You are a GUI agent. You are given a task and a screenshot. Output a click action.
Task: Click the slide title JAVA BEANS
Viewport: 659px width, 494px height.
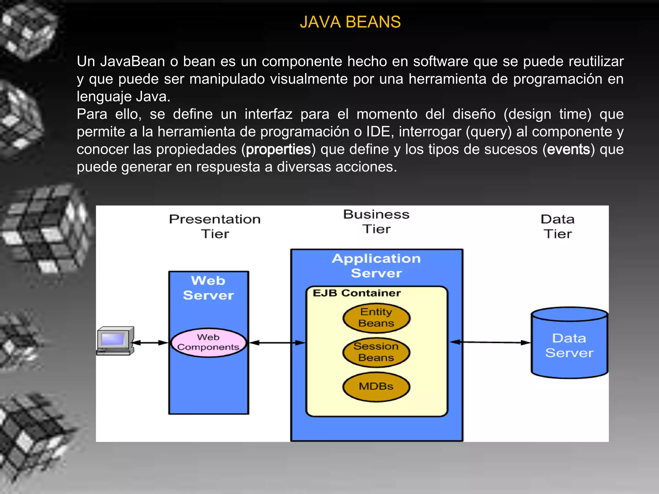coord(350,22)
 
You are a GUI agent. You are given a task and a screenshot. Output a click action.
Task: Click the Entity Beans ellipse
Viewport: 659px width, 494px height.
coord(376,318)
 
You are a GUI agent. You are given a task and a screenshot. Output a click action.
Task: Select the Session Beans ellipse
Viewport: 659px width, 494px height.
coord(376,352)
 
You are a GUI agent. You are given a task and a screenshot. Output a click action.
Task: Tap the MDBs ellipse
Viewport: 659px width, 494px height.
coord(376,386)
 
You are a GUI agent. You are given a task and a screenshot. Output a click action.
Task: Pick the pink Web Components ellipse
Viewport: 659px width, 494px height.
coord(209,343)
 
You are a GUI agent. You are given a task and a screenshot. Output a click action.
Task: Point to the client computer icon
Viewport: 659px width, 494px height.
coord(115,340)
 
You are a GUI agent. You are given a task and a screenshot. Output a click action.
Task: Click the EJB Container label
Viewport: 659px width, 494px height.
coord(357,293)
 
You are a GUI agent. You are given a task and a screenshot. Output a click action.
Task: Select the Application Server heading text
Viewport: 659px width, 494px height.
coord(376,266)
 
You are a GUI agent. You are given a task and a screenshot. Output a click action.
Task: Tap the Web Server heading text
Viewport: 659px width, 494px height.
coord(209,288)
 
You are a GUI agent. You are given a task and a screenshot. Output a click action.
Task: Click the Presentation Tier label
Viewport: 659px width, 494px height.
coord(215,226)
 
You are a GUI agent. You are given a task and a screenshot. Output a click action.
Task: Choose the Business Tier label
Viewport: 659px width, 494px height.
coord(376,222)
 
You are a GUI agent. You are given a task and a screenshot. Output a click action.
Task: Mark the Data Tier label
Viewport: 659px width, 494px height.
coord(558,226)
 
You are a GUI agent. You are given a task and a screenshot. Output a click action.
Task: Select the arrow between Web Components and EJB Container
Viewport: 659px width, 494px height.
coord(277,343)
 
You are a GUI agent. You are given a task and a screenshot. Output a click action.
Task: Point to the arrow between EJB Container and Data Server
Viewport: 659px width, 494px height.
coord(489,343)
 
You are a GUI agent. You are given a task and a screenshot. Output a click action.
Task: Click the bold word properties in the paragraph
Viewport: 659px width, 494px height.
coord(278,150)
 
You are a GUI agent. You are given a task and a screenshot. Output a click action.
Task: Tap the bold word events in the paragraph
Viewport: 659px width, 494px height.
coord(569,150)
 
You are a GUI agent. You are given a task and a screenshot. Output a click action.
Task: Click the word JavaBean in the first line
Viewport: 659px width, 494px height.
coord(133,61)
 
